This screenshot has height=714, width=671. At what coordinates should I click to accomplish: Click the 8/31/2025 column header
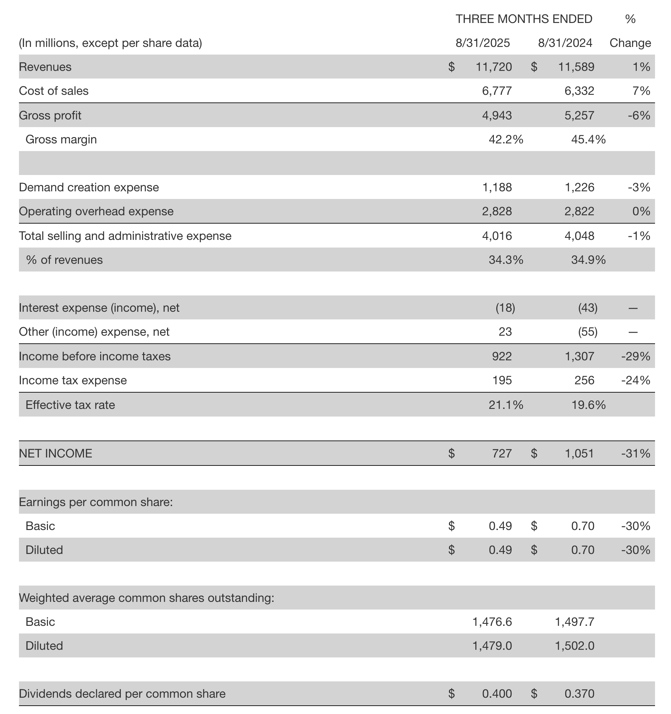(x=482, y=43)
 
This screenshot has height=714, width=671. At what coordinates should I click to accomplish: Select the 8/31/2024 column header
(x=565, y=43)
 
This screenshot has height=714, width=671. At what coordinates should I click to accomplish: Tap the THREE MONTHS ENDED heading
(x=524, y=19)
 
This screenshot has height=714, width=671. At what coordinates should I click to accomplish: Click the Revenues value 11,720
(x=494, y=67)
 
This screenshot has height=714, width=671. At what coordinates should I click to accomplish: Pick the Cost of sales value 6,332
(x=579, y=91)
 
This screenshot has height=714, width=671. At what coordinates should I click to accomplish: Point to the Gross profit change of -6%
(x=639, y=115)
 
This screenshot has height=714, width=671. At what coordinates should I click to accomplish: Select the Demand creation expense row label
(x=89, y=187)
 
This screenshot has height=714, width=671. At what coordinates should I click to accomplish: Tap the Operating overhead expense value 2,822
(x=579, y=211)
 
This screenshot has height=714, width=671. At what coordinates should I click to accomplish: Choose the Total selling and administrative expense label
(x=125, y=236)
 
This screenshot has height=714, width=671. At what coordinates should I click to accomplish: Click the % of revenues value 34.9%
(x=588, y=260)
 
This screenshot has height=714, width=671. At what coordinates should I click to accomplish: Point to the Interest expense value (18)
(x=505, y=308)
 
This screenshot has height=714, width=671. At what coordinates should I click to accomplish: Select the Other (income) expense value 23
(x=505, y=331)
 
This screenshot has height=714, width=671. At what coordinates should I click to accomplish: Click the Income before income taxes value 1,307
(x=579, y=356)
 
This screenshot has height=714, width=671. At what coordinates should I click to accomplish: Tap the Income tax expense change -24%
(x=635, y=380)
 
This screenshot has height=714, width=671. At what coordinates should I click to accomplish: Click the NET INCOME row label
(x=55, y=453)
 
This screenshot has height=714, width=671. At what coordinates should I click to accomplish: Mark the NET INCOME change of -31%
(x=635, y=453)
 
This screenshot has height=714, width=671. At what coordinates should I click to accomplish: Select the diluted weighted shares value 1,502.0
(x=574, y=646)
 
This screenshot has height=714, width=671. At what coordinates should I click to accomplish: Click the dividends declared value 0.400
(x=497, y=693)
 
